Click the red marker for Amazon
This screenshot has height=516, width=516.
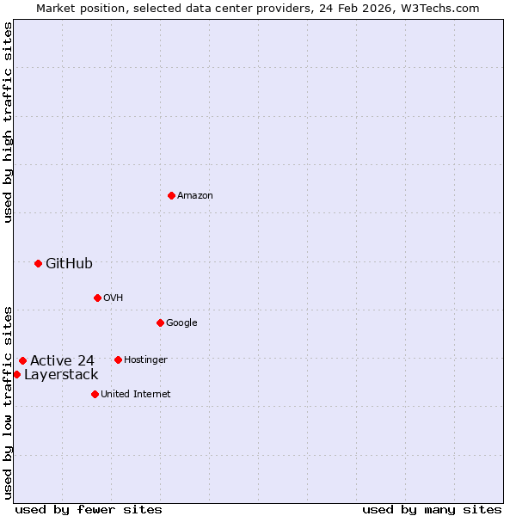[x=171, y=195]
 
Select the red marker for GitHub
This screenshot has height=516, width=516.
[x=38, y=263]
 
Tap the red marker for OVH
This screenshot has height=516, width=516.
[x=97, y=298]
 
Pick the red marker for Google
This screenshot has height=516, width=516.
[x=160, y=322]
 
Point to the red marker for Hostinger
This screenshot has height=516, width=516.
[x=118, y=359]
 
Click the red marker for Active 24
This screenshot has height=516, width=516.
[x=22, y=360]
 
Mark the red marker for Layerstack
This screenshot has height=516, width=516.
[x=16, y=374]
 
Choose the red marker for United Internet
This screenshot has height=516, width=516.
[x=95, y=394]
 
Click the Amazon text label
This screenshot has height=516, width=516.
[x=195, y=195]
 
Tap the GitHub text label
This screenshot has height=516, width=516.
[x=69, y=264]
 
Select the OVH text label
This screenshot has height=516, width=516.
[x=114, y=298]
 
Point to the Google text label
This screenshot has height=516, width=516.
[x=181, y=322]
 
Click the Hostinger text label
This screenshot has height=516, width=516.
[x=145, y=359]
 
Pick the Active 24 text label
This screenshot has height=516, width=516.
[x=62, y=360]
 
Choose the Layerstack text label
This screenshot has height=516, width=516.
[x=61, y=375]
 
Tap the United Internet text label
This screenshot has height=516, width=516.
[x=136, y=394]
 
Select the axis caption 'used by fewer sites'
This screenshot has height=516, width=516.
[x=89, y=509]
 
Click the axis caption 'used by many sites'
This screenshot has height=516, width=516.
[x=432, y=509]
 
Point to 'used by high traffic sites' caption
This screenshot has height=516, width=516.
[x=8, y=122]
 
